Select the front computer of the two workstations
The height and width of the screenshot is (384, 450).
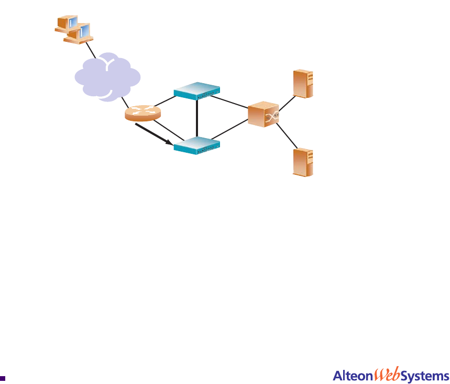(x=79, y=32)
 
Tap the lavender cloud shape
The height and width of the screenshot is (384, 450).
(x=106, y=76)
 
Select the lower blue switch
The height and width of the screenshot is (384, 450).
(x=196, y=146)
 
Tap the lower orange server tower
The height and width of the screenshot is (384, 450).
(x=304, y=162)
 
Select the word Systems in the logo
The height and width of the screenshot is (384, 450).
(x=425, y=376)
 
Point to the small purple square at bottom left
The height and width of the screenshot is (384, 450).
(x=3, y=377)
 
